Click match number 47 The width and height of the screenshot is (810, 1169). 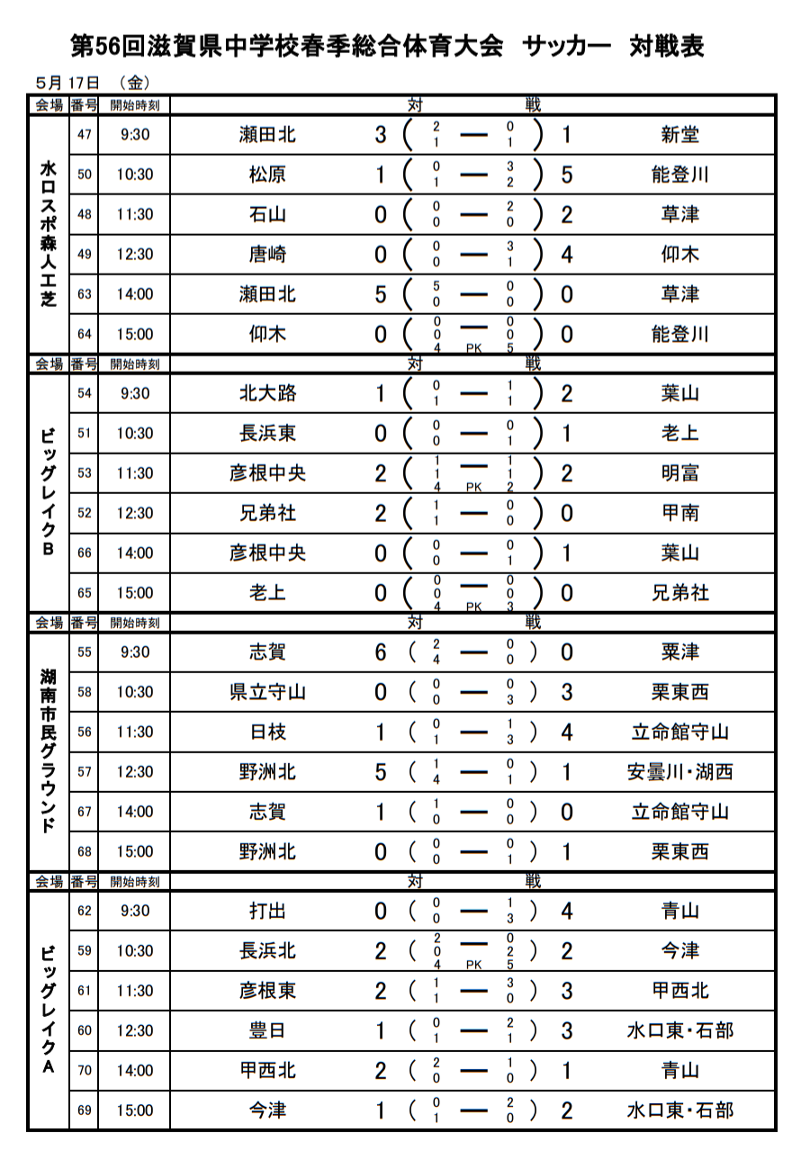(x=85, y=135)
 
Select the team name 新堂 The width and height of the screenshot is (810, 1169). (x=679, y=135)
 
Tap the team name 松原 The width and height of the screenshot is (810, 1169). (x=267, y=175)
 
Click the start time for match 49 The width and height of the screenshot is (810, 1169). (x=134, y=255)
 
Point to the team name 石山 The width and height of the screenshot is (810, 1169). (x=267, y=214)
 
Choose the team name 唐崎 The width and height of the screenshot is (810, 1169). (x=267, y=255)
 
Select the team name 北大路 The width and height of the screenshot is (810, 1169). (x=267, y=393)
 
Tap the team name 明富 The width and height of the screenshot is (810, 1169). (x=679, y=473)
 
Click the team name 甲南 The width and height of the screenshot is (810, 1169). (x=679, y=513)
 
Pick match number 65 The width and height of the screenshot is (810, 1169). (x=85, y=593)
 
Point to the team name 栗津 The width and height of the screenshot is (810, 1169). (x=679, y=652)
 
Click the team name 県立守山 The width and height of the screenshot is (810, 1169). (x=267, y=692)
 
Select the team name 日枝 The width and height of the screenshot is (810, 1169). (x=267, y=732)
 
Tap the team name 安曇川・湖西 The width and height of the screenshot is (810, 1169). (x=679, y=772)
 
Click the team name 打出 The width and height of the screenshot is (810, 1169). (x=267, y=911)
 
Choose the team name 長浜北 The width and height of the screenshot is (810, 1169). (x=267, y=951)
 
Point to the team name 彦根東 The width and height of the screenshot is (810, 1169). (x=267, y=991)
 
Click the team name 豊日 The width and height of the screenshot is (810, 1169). (x=267, y=1030)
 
